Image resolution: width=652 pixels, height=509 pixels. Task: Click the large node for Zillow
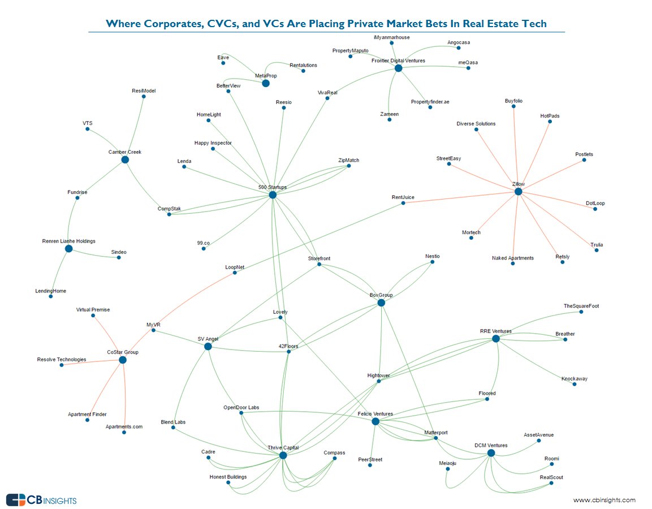(x=518, y=192)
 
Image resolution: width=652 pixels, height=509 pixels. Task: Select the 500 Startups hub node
(x=273, y=195)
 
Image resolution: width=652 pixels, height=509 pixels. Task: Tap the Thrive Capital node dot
(x=283, y=455)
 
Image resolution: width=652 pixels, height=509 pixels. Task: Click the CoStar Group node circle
(x=123, y=360)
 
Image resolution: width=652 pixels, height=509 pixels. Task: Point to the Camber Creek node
(x=125, y=159)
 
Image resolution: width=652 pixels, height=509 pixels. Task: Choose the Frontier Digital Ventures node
(x=398, y=68)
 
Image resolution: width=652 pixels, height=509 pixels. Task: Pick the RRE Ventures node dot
(x=495, y=339)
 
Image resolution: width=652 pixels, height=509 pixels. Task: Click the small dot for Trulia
(x=597, y=250)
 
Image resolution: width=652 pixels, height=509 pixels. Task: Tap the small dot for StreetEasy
(x=449, y=164)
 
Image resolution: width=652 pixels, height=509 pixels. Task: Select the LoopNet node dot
(x=235, y=273)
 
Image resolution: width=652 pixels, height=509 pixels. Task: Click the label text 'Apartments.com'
(x=124, y=426)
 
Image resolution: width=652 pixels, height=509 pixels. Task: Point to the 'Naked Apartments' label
(x=512, y=258)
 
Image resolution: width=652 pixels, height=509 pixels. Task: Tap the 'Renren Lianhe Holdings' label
(x=68, y=241)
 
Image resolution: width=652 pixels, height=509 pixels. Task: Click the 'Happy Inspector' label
(x=213, y=143)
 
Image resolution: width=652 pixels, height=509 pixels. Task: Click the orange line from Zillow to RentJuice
(x=461, y=197)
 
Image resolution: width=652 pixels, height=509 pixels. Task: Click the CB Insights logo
(x=41, y=500)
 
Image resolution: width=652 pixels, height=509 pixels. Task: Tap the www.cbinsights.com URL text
(x=604, y=500)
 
